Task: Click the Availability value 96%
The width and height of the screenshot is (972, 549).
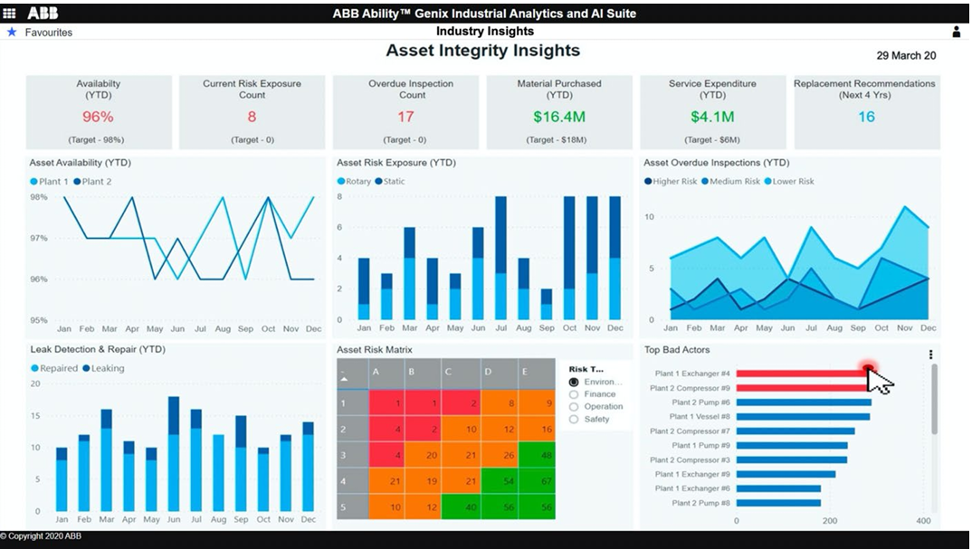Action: pos(98,117)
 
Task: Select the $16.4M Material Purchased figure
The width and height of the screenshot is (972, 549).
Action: pos(558,117)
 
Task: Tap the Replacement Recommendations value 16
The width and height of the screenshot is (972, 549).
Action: pos(866,117)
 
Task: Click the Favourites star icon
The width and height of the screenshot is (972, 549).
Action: pos(12,32)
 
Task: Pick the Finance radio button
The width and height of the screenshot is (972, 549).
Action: pos(574,394)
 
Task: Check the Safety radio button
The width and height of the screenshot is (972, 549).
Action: pos(574,420)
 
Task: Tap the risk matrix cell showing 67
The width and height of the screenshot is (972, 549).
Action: pos(538,481)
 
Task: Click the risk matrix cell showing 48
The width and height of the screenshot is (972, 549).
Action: pos(538,455)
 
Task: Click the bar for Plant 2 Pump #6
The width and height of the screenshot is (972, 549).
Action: pos(804,402)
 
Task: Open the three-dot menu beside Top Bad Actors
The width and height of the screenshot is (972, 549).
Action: pos(930,355)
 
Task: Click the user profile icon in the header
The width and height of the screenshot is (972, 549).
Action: pos(957,32)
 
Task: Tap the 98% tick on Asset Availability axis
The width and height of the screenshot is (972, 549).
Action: pos(39,197)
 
